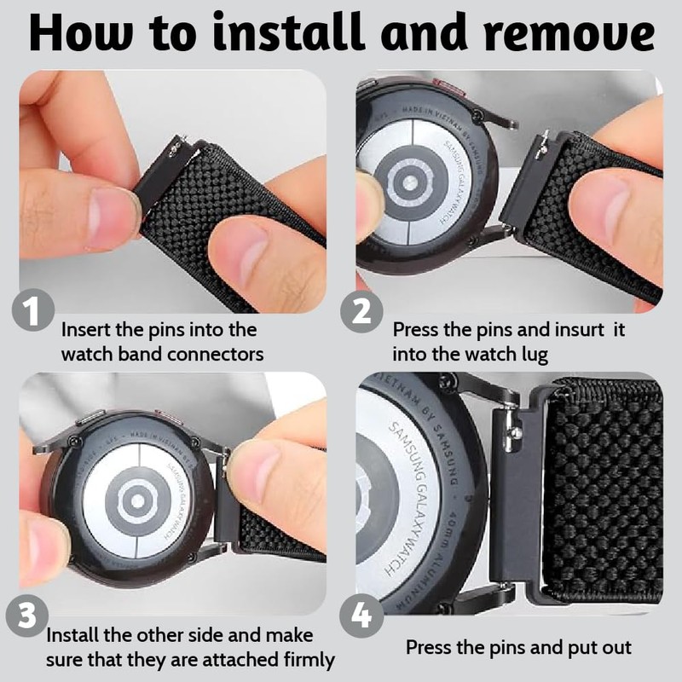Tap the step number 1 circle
pyautogui.click(x=32, y=312)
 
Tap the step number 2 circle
pyautogui.click(x=361, y=312)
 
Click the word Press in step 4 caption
pyautogui.click(x=430, y=648)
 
